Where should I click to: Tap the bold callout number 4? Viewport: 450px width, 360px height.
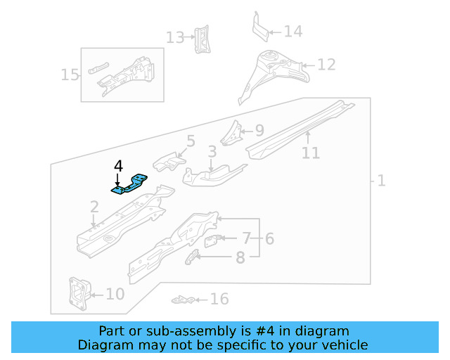coord(118,167)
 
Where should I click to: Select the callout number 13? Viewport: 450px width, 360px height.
coord(174,37)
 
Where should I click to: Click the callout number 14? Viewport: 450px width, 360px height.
coord(292,32)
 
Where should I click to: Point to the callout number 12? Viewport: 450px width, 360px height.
coord(326,65)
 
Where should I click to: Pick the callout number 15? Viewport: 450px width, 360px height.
coord(70,75)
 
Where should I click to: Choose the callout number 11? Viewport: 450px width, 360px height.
coord(310,153)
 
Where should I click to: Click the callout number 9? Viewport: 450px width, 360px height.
coord(259,130)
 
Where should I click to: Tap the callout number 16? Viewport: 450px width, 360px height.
coord(219,300)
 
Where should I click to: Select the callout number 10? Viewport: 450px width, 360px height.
coord(115,294)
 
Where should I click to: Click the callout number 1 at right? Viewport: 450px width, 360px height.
coord(381,181)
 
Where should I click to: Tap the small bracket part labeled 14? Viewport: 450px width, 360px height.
coord(259,27)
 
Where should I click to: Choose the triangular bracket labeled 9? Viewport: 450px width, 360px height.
coord(231,131)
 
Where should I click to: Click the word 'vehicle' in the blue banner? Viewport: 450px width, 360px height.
coord(343,345)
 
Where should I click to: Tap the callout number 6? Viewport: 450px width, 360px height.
coord(269,239)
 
